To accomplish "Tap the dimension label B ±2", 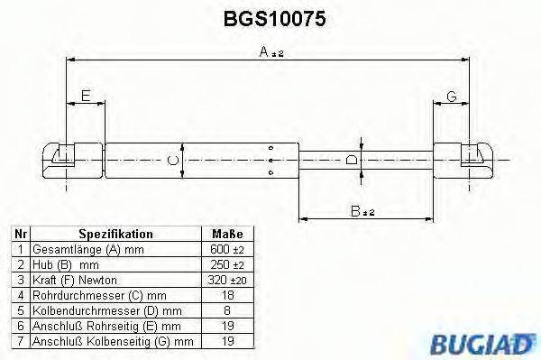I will pos(362,211).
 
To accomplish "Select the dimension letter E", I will pos(86,95).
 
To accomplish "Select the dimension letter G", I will pos(451,95).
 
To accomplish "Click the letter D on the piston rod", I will pos(353,160).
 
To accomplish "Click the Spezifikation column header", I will pos(115,233).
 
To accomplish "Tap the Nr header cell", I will pos(20,233).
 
